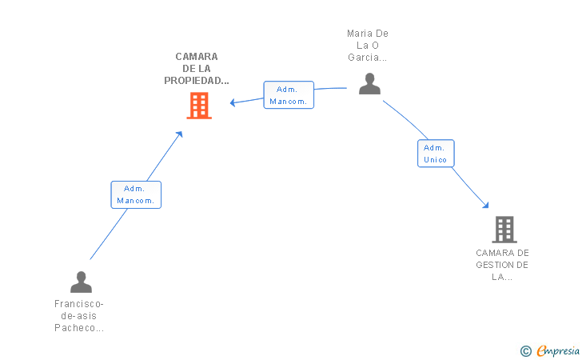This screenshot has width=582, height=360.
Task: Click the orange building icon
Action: click(x=199, y=106)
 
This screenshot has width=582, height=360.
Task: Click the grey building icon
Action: click(x=504, y=230)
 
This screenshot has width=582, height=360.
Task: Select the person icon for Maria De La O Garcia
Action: click(x=369, y=83)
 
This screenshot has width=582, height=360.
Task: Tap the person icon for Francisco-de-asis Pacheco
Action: click(x=81, y=282)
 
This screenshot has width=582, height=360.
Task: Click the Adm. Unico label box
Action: click(x=436, y=154)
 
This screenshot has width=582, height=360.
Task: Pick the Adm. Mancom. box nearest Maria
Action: click(x=289, y=95)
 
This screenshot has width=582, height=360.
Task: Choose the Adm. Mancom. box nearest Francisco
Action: click(x=136, y=194)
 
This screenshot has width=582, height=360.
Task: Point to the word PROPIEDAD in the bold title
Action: click(x=193, y=81)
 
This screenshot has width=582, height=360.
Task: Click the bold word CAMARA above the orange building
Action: click(x=197, y=57)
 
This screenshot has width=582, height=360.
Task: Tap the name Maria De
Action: click(x=368, y=34)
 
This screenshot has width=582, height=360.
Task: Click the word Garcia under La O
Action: click(x=364, y=58)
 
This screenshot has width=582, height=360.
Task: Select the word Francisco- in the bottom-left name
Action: click(x=78, y=304)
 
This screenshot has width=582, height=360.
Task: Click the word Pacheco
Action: click(x=74, y=328)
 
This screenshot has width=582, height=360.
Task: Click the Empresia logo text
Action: click(x=558, y=351)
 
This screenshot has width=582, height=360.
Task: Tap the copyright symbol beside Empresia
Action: click(x=526, y=351)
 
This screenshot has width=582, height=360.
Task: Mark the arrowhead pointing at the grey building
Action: click(x=486, y=206)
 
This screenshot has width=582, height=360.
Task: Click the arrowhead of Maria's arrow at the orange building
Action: click(x=233, y=102)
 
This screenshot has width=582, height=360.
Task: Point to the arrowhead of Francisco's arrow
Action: click(x=179, y=134)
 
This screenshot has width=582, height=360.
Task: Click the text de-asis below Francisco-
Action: click(x=78, y=316)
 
